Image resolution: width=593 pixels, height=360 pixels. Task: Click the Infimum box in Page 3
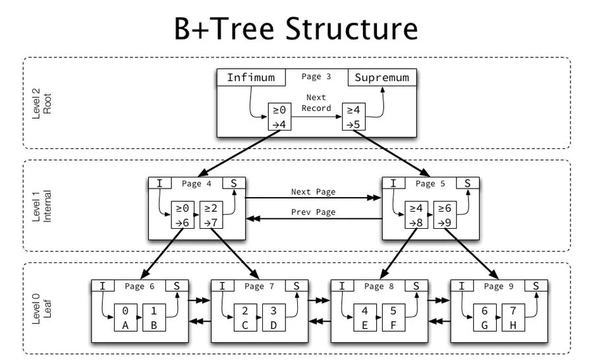pyautogui.click(x=251, y=78)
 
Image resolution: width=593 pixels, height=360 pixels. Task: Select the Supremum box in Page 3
pyautogui.click(x=382, y=78)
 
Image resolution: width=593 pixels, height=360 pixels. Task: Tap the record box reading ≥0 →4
pyautogui.click(x=279, y=117)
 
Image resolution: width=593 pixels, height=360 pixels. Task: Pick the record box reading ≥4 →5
pyautogui.click(x=353, y=117)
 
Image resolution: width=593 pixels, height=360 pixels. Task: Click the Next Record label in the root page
pyautogui.click(x=316, y=103)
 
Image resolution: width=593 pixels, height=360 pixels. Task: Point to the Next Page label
pyautogui.click(x=313, y=192)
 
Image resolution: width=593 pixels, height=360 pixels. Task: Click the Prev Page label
pyautogui.click(x=313, y=212)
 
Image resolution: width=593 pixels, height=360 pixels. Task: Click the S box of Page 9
pyautogui.click(x=536, y=285)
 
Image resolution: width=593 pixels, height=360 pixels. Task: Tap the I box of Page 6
pyautogui.click(x=103, y=285)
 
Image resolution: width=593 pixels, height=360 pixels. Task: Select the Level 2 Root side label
pyautogui.click(x=41, y=103)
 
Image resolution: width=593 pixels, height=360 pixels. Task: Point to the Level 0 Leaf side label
pyautogui.click(x=41, y=309)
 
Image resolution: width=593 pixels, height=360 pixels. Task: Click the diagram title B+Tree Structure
pyautogui.click(x=296, y=29)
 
